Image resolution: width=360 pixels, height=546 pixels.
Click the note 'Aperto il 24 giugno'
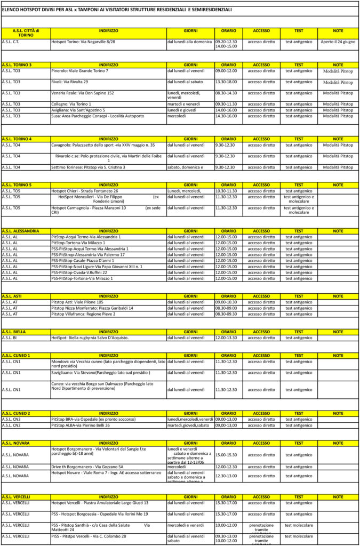click(338, 41)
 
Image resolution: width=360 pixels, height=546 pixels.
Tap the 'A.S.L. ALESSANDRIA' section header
click(20, 231)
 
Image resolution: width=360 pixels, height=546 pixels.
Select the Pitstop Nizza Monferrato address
click(92, 308)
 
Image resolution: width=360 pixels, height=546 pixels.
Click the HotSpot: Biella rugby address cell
click(90, 338)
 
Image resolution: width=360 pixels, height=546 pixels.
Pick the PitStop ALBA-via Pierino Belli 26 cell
click(81, 425)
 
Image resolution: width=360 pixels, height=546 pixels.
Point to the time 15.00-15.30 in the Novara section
click(226, 455)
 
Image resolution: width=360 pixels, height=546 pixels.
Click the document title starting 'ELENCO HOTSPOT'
click(117, 10)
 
